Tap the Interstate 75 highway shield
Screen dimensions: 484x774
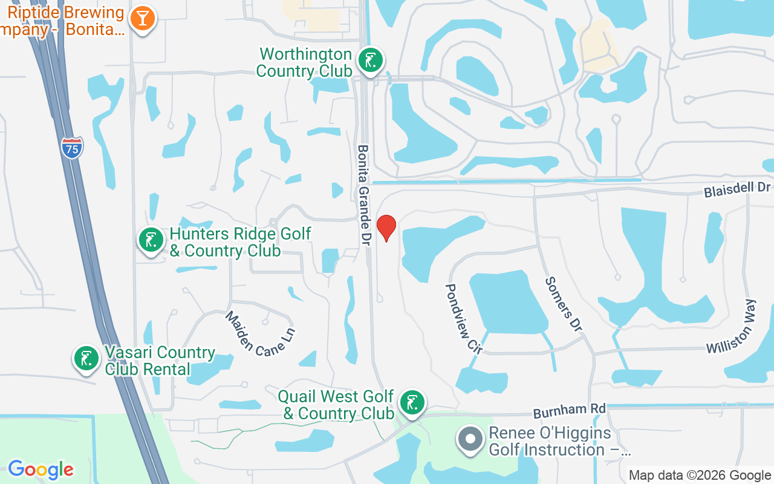point(72,148)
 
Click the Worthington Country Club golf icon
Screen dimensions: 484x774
point(370,60)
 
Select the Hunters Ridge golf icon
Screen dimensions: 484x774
point(151,240)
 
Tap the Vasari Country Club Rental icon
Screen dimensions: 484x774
point(86,358)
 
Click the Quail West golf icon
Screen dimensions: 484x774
point(412,402)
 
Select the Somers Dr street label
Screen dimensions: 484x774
point(563,304)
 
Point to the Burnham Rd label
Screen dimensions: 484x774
point(569,411)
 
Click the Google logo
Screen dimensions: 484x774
point(41,469)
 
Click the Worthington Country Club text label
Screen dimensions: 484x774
point(305,62)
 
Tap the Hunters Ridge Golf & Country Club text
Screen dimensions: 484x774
point(241,242)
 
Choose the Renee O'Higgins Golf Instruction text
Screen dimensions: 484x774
point(559,442)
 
